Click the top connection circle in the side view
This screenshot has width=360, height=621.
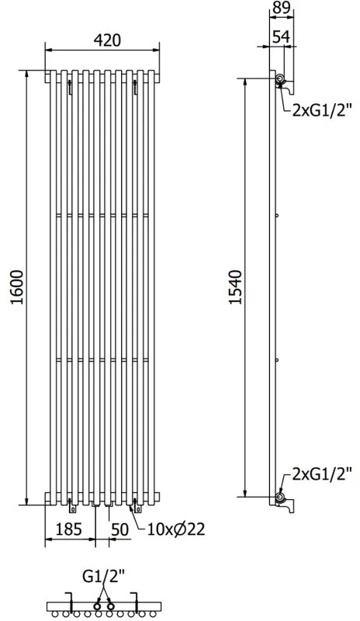pyautogui.click(x=280, y=81)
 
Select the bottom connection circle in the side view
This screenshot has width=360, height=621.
pyautogui.click(x=280, y=494)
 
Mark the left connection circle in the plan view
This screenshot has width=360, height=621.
pyautogui.click(x=99, y=605)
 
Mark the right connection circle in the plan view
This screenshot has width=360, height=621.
pyautogui.click(x=111, y=605)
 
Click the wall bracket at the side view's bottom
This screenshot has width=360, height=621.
pyautogui.click(x=289, y=506)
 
